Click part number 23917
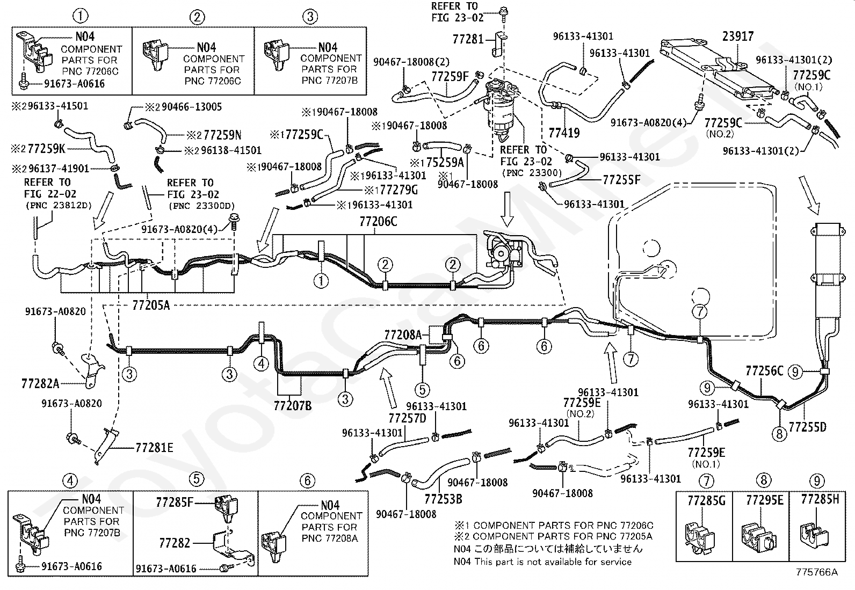point(738,37)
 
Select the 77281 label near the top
point(468,39)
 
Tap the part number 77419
point(564,133)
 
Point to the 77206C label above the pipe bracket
point(378,221)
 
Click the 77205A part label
point(151,305)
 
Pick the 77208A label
point(403,335)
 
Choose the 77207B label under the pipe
point(292,406)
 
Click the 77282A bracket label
point(40,383)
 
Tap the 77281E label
point(154,448)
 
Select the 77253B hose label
point(443,499)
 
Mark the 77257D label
point(407,418)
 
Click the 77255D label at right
point(807,427)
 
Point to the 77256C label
point(764,370)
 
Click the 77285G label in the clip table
point(706,500)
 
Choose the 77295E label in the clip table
point(765,500)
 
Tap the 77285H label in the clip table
point(820,499)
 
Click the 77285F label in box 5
point(175,502)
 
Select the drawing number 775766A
point(816,572)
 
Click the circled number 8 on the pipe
point(779,434)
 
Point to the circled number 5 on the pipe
point(422,390)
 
